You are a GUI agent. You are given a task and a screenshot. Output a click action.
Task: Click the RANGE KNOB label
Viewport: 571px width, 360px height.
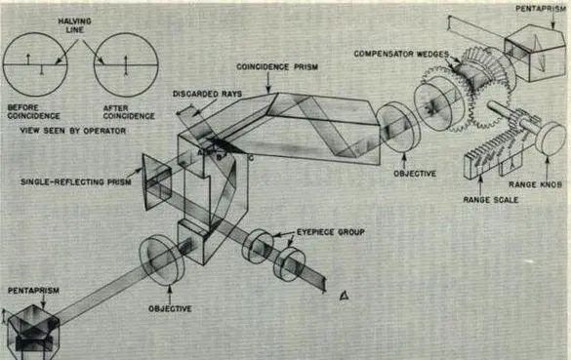click(535, 184)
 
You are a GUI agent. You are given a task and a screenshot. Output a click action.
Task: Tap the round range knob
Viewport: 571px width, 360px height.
click(551, 140)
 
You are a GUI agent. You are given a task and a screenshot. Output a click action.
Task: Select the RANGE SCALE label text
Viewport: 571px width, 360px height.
click(491, 200)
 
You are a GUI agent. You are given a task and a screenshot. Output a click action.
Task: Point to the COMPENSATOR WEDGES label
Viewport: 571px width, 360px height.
click(401, 54)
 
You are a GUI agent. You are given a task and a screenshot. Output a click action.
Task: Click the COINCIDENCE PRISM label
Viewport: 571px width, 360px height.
click(277, 67)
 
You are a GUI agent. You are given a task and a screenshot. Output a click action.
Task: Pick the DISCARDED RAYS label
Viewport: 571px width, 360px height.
click(207, 94)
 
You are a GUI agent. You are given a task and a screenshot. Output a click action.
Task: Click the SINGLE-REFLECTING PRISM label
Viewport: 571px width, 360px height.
click(76, 182)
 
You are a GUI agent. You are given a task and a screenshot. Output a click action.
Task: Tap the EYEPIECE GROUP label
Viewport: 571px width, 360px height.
click(330, 232)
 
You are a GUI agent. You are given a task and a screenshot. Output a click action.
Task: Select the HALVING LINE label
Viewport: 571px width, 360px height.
click(74, 25)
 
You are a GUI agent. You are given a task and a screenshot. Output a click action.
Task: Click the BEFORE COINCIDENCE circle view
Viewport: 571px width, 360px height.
click(35, 64)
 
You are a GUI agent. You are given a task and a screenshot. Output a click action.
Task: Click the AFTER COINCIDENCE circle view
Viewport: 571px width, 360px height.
click(126, 64)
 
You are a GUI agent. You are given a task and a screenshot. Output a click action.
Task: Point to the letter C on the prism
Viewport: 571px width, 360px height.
click(251, 158)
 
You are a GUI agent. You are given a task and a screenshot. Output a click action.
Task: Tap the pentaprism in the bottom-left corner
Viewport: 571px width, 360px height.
click(33, 333)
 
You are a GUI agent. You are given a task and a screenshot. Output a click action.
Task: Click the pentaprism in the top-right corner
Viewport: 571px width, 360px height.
click(535, 53)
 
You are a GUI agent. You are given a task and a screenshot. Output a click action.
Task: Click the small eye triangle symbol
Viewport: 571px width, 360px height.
click(344, 296)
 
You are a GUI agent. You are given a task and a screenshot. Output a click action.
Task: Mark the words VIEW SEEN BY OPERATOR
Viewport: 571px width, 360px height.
click(73, 131)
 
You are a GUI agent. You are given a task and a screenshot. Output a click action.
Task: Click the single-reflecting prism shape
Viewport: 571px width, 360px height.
click(157, 182)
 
